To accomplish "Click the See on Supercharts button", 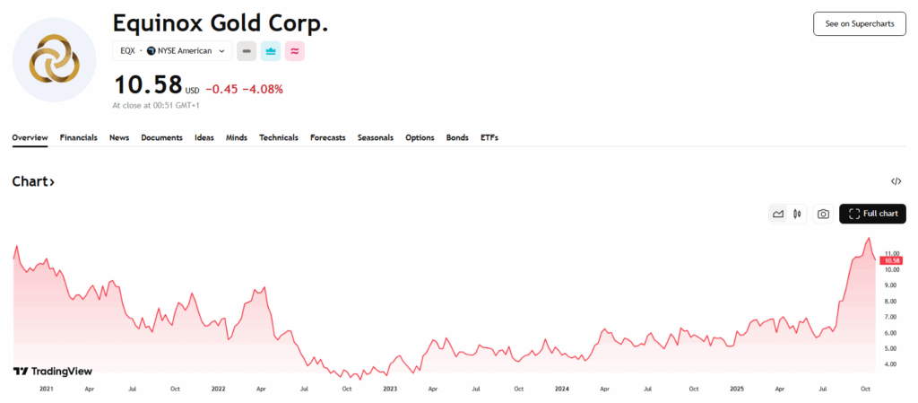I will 859,23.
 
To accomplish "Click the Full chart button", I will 872,214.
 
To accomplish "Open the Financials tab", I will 79,137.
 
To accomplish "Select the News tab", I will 119,137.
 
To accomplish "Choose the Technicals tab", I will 278,137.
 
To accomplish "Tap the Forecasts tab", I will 327,137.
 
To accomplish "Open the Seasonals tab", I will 375,137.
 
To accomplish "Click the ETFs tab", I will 489,137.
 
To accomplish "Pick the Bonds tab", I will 457,137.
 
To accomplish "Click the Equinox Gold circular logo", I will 55,59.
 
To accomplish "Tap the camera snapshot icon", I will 823,214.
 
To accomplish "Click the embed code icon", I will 896,181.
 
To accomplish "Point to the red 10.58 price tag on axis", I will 890,260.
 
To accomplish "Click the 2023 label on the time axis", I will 390,389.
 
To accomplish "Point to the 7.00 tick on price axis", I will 890,317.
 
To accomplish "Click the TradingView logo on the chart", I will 53,371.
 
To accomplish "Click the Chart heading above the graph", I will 33,181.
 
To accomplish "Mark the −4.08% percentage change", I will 263,89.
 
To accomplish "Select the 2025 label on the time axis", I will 736,389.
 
